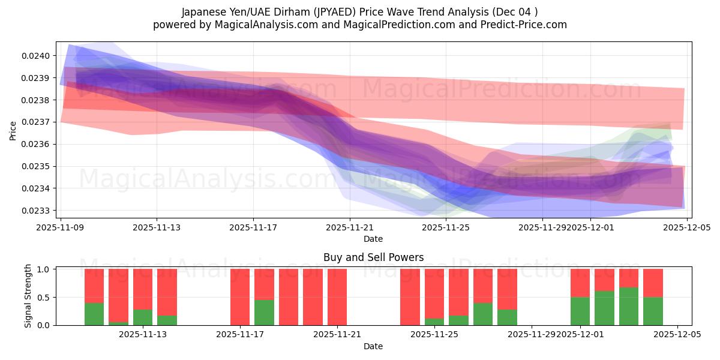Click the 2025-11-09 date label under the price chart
tap(60, 227)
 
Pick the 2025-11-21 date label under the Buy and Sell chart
tap(337, 335)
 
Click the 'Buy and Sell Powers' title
tap(373, 257)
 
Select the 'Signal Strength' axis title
tap(28, 296)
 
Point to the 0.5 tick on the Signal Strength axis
tap(44, 298)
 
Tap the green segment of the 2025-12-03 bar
tap(628, 307)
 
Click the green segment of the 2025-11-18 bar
tap(264, 313)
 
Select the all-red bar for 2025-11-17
tap(240, 297)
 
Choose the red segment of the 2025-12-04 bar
tap(653, 283)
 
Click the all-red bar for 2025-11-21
tap(337, 297)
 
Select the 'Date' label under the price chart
tap(373, 239)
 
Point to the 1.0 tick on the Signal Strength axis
tap(44, 269)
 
